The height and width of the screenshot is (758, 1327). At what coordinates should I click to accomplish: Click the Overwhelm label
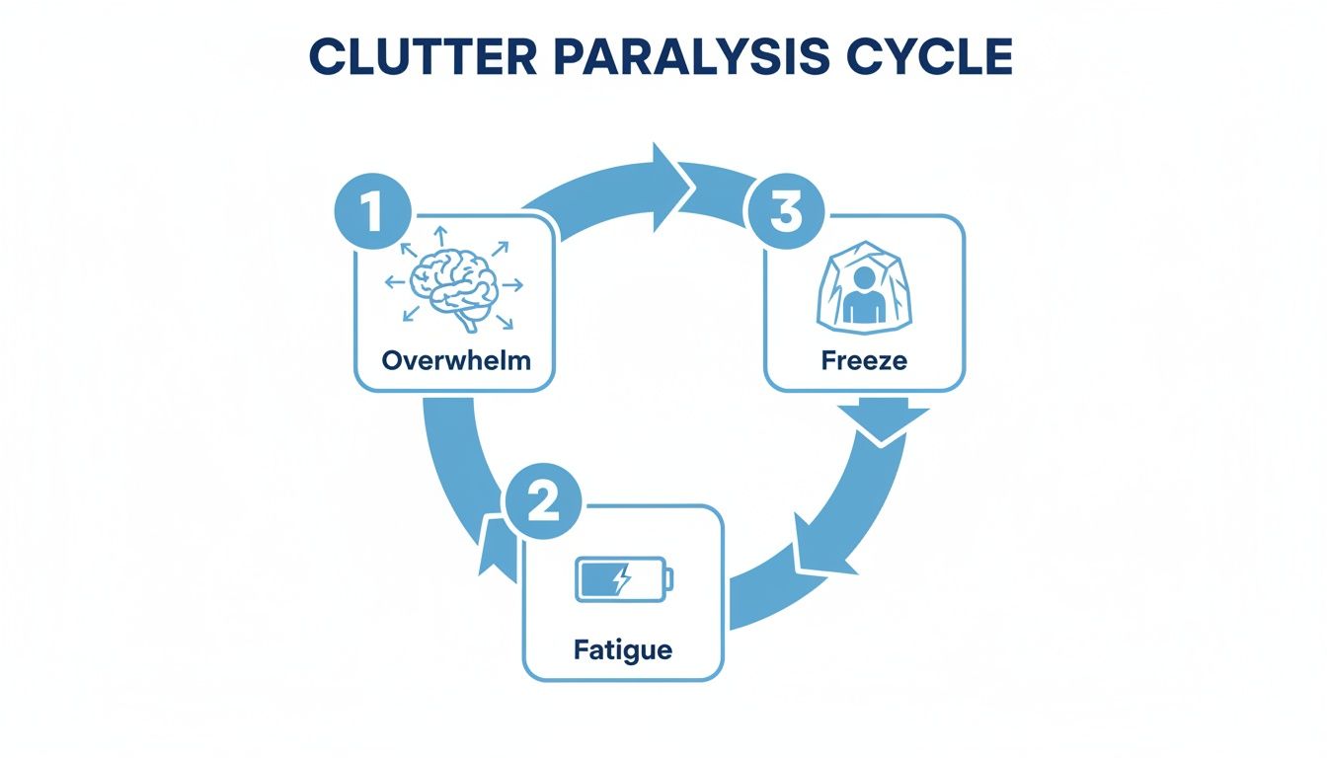455,359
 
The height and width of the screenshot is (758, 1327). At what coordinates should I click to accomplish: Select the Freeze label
863,359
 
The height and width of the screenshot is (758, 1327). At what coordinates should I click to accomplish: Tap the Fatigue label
622,650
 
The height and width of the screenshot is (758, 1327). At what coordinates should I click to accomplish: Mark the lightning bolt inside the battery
620,579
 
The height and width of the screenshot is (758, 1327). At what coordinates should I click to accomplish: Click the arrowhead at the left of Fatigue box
493,547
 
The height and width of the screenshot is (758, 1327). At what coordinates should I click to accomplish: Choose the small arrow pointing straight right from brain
512,285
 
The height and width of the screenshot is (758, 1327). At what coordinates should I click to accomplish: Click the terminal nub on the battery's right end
670,579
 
